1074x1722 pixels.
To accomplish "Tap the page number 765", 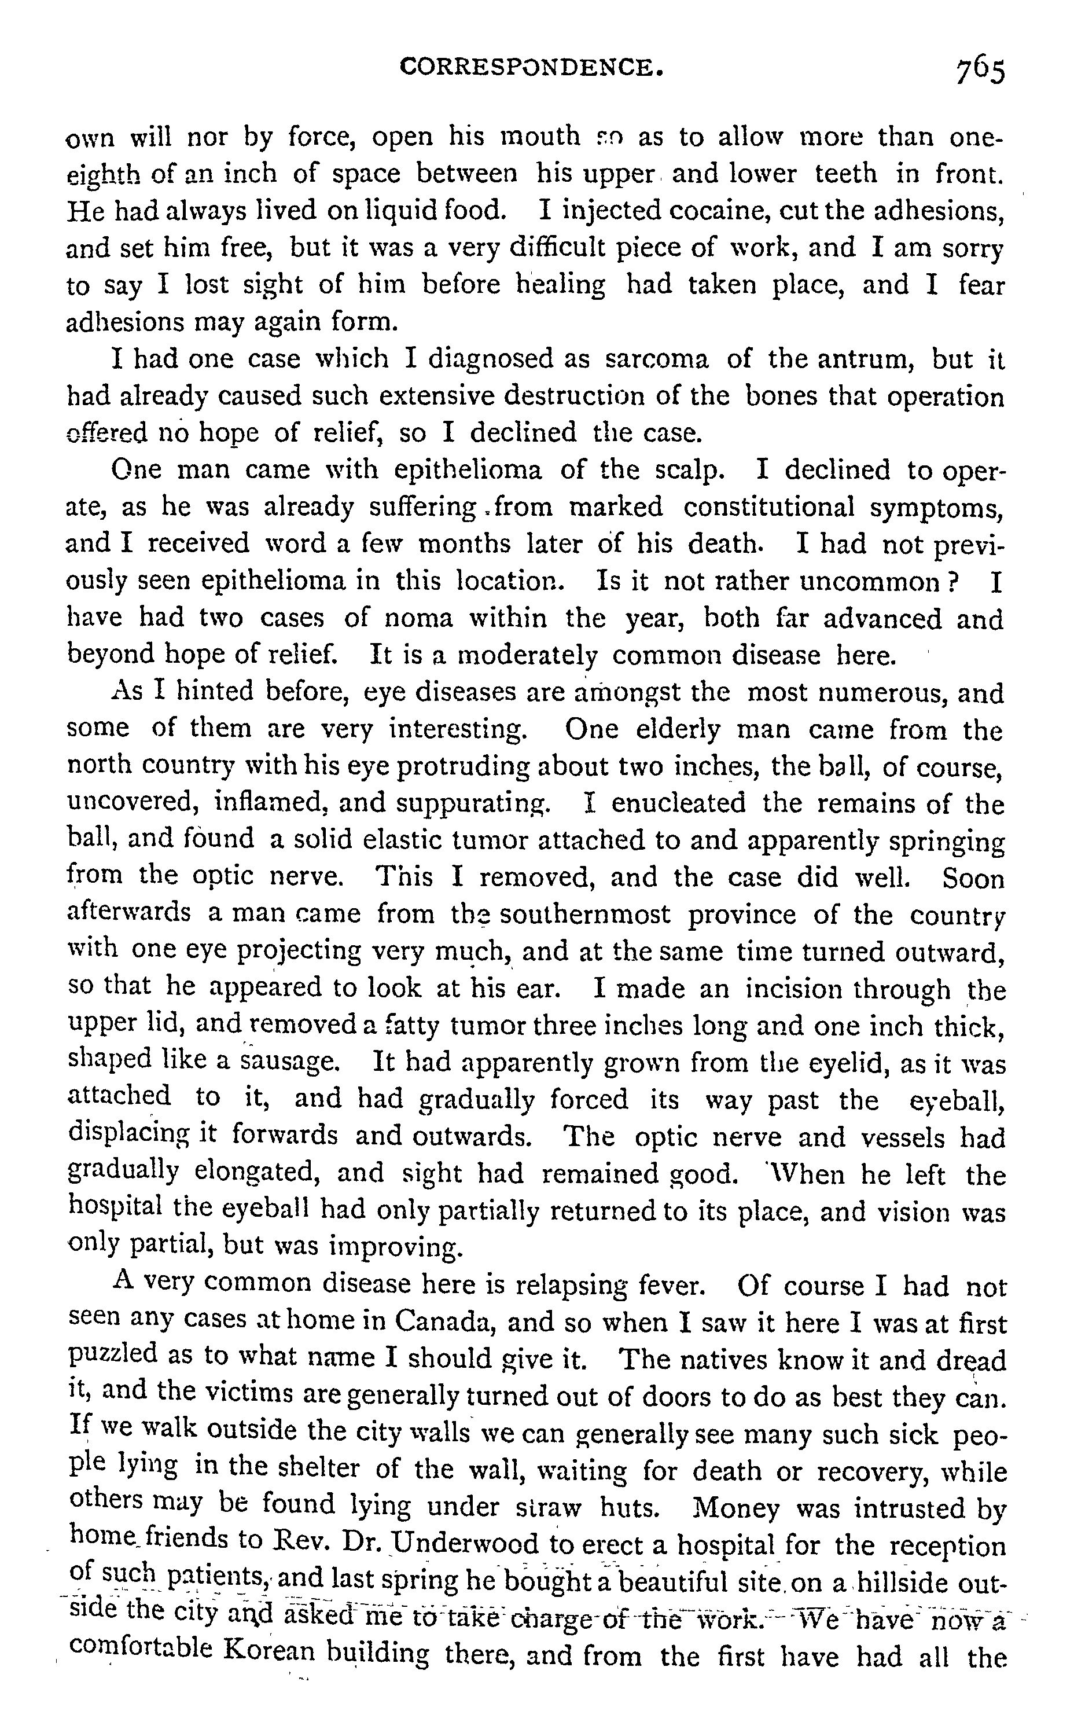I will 980,71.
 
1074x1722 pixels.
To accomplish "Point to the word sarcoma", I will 656,359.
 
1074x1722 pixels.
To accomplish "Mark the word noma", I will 418,619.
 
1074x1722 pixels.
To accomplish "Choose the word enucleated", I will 678,803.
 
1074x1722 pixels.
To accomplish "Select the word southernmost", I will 584,915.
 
